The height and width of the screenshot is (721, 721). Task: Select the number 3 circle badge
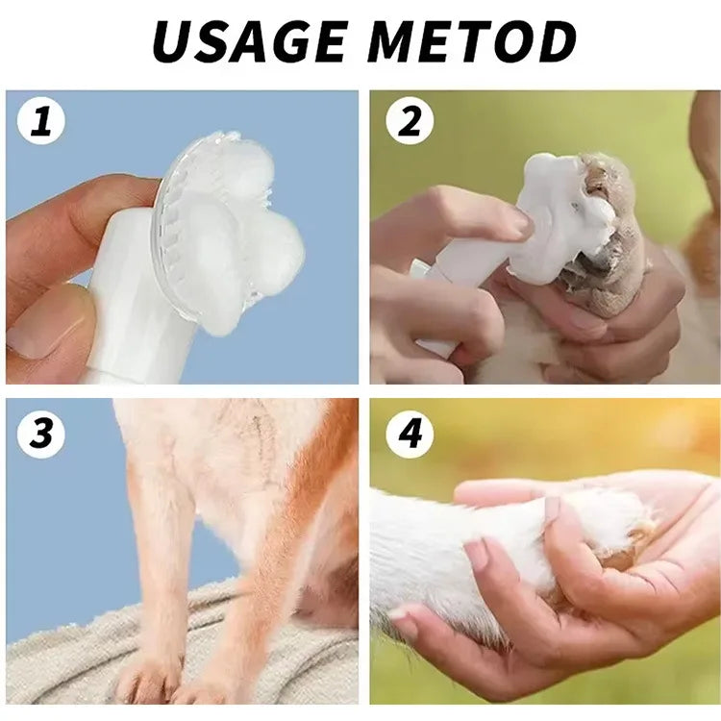40,434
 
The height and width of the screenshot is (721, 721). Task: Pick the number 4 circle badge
410,434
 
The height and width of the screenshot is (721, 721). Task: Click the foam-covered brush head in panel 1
231,236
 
